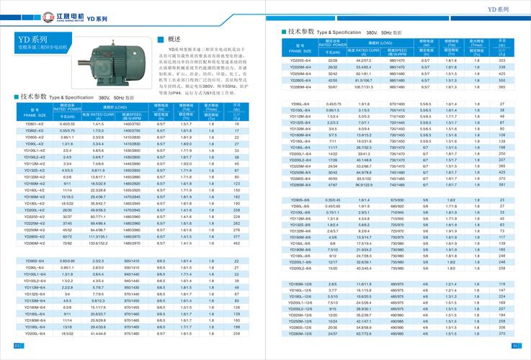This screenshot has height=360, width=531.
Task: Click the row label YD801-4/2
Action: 35,123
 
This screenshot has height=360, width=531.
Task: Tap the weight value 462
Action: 236,243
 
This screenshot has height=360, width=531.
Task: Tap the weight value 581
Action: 501,184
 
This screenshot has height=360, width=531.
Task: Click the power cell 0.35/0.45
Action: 333,199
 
